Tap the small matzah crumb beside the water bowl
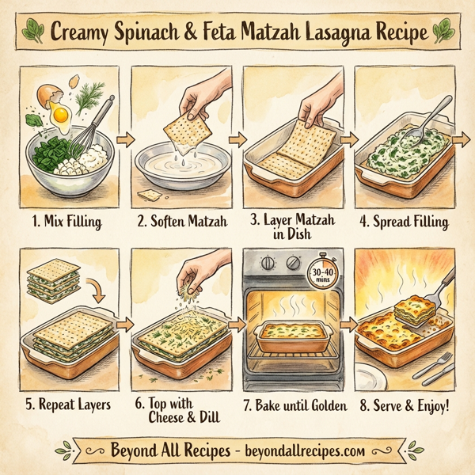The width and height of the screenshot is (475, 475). [146, 193]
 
